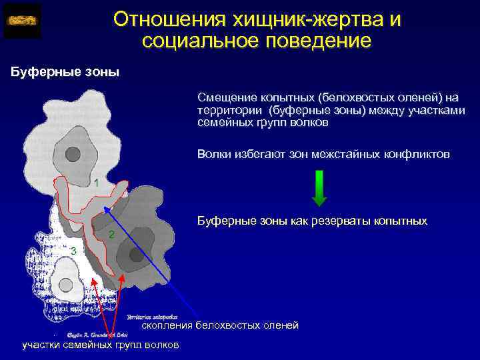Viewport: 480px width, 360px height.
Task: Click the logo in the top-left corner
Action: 23,21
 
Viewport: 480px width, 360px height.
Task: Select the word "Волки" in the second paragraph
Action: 213,154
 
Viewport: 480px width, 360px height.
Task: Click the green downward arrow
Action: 319,188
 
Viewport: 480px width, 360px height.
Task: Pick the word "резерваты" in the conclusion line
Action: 344,221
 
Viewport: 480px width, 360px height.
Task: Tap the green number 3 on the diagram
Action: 74,251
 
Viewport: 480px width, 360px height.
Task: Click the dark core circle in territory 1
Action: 74,154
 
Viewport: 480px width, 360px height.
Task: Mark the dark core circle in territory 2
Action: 135,254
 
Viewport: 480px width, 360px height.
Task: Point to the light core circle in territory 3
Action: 65,285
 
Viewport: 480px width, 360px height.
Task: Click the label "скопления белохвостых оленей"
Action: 220,325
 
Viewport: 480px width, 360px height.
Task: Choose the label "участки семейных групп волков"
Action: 100,345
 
